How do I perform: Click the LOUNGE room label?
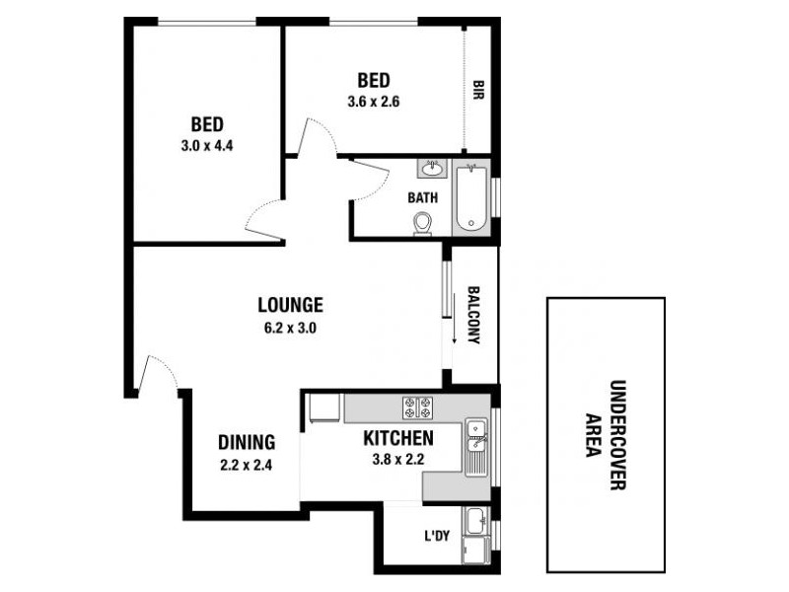coord(290,305)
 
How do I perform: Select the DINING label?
coord(246,443)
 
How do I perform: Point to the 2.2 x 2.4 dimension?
coord(246,466)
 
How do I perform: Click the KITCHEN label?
coord(397,437)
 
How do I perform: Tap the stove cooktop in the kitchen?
coord(418,406)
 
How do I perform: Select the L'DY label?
coord(437,537)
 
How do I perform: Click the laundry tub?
coord(477,520)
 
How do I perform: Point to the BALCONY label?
coord(473,315)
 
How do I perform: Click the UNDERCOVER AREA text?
coord(606,434)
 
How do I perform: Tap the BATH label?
coord(422,197)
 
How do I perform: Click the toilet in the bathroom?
coord(423,224)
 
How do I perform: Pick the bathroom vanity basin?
coord(433,167)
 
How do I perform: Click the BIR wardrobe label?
coord(477,91)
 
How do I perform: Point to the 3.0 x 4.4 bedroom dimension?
coord(207,146)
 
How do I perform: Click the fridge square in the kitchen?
coord(323,408)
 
